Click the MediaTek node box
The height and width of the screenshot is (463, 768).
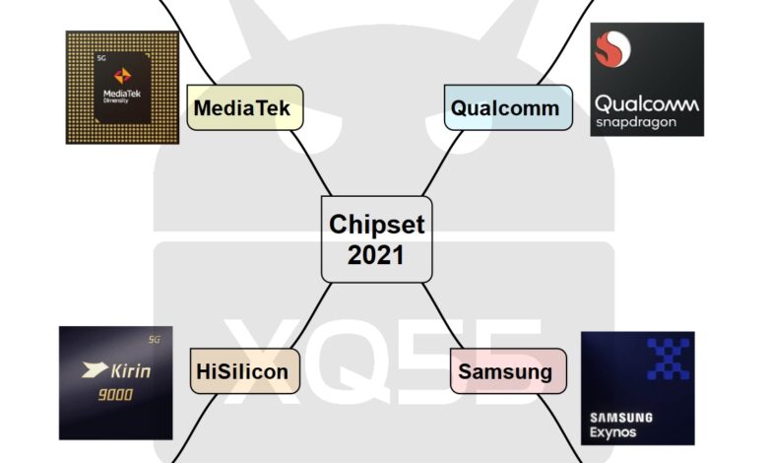pos(244,107)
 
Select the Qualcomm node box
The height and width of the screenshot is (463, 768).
pos(504,107)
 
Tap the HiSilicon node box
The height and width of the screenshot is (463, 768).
pos(242,371)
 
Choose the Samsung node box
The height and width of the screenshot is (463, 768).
pos(508,372)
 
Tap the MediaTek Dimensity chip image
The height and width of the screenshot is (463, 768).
pos(122,87)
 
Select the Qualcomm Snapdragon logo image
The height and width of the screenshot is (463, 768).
pos(647,79)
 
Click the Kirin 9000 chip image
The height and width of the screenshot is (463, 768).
pos(115,382)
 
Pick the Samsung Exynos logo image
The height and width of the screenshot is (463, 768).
pos(637,388)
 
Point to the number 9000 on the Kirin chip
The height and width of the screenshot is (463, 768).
pos(115,395)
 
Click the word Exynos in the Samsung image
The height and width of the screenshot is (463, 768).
pos(614,433)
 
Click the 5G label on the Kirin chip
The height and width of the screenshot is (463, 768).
pos(153,341)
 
